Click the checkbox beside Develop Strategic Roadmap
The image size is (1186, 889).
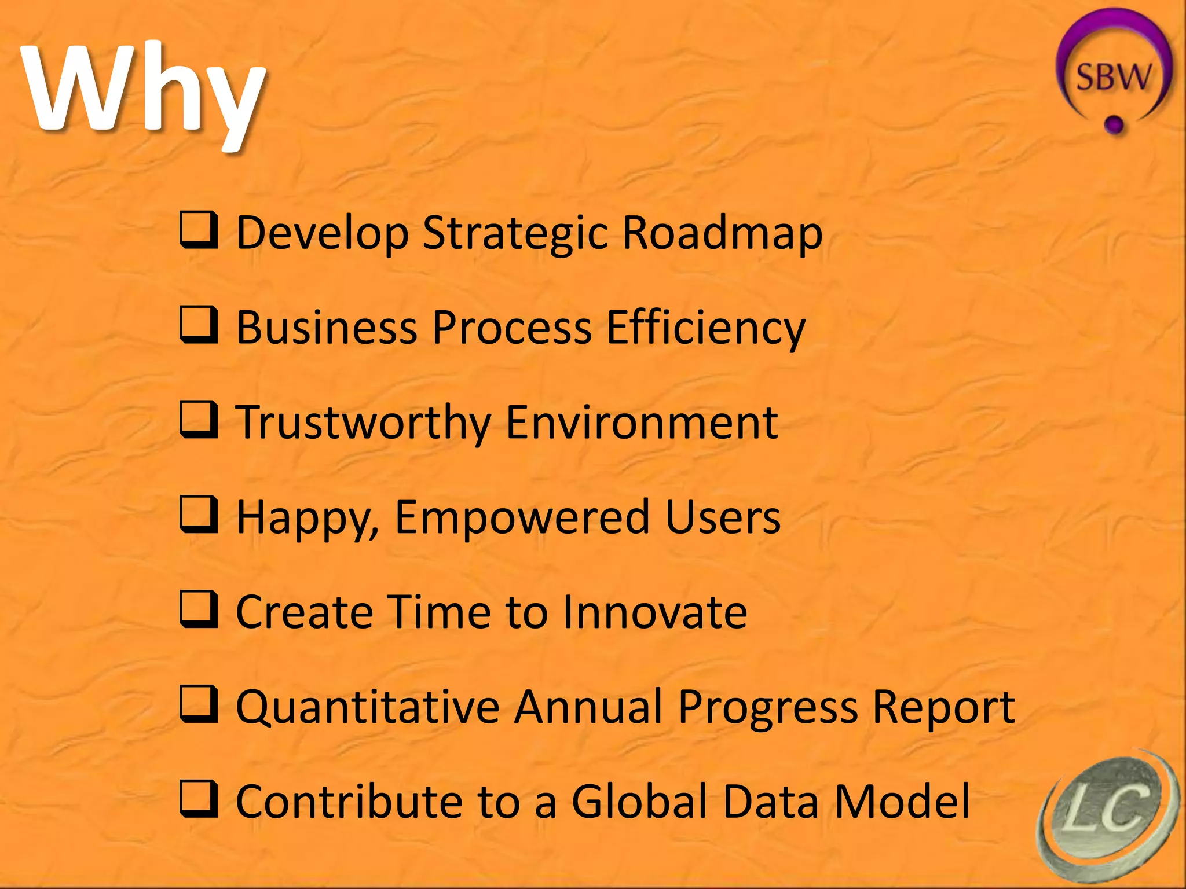point(199,230)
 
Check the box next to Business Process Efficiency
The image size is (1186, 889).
point(199,325)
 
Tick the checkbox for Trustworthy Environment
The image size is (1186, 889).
point(199,420)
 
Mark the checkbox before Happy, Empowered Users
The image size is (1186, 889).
point(199,515)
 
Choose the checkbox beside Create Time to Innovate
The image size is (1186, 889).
point(199,609)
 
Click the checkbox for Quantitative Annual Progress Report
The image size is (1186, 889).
point(199,704)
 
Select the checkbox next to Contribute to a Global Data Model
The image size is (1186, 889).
point(199,799)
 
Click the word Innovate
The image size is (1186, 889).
point(655,612)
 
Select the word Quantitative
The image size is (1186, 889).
point(368,707)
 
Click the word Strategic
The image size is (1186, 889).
point(515,233)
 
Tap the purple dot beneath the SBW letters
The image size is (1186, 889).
point(1114,123)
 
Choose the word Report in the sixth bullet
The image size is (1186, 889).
point(943,707)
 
